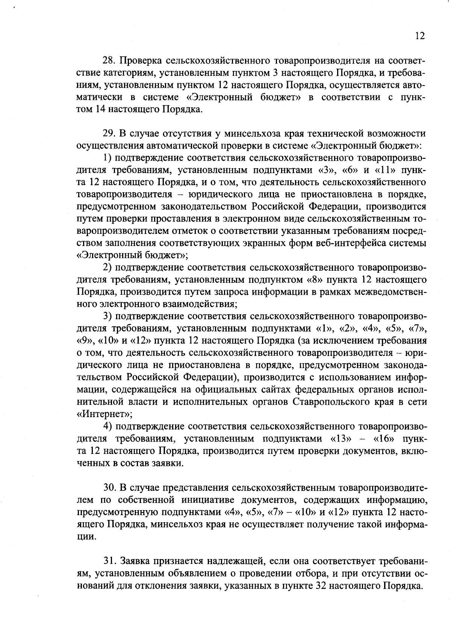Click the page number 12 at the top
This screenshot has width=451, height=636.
click(x=420, y=36)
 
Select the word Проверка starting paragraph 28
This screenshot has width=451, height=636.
click(x=140, y=60)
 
